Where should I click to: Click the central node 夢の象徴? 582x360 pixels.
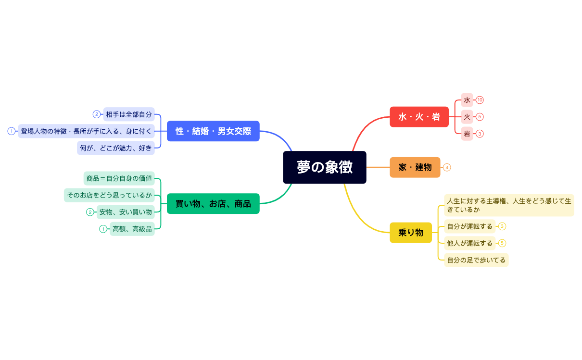(325, 167)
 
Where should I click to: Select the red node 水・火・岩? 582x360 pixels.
(419, 117)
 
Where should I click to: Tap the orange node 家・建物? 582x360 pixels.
(415, 167)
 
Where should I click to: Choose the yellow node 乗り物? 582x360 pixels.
(411, 233)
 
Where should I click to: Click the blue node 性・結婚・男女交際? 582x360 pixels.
(213, 131)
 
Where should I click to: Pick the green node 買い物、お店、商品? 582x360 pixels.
(213, 204)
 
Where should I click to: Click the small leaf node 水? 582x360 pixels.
(467, 100)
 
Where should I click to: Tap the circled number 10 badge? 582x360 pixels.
(480, 100)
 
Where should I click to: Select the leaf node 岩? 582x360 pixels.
(467, 134)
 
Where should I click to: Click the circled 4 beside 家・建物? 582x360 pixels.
(447, 167)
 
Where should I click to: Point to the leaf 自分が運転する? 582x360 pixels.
(470, 226)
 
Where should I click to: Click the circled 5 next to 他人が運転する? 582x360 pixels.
(502, 243)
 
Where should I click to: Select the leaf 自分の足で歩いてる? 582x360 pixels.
(476, 260)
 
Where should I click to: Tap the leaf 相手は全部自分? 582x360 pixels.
(128, 114)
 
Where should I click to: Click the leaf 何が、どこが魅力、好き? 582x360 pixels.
(116, 148)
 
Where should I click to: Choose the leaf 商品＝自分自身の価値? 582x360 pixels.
(119, 178)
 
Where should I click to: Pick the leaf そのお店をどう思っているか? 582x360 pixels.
(109, 195)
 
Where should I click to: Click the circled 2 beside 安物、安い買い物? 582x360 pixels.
(90, 212)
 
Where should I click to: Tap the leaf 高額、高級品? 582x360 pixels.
(132, 229)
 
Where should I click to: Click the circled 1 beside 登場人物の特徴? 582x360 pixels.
(12, 131)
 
